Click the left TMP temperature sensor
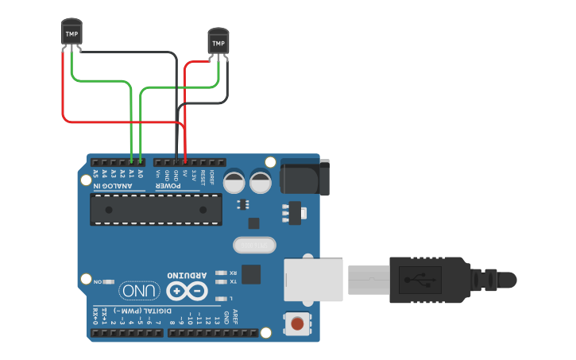(x=72, y=33)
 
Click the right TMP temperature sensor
(x=218, y=41)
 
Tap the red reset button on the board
(x=297, y=323)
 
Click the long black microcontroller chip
(x=156, y=208)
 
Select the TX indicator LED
(x=222, y=281)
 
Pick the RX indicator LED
(x=222, y=272)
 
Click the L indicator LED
(x=222, y=298)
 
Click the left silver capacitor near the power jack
(x=234, y=182)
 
